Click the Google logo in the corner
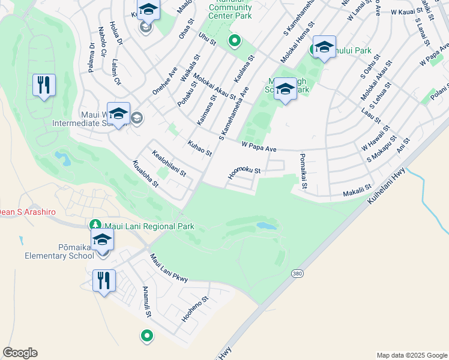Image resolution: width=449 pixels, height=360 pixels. (20, 353)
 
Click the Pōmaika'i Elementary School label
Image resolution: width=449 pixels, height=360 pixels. (57, 251)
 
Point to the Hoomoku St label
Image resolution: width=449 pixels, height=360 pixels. (244, 173)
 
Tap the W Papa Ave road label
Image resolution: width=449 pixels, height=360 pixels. (259, 146)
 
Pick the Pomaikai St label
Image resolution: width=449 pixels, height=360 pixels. (303, 171)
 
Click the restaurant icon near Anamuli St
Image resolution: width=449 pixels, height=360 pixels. (104, 281)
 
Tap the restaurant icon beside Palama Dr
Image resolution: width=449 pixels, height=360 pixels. (44, 85)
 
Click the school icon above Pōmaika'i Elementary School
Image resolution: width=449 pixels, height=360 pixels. (103, 240)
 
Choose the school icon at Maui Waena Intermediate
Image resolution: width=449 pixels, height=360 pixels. (118, 113)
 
